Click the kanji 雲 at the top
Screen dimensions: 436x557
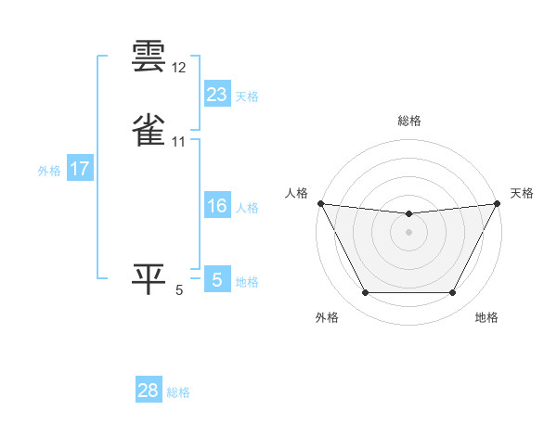[x=149, y=57]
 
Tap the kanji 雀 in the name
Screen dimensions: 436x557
[x=149, y=129]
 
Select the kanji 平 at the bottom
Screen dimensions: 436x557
[x=149, y=278]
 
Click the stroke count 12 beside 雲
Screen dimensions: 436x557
[x=179, y=69]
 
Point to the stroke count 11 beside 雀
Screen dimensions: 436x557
[x=179, y=141]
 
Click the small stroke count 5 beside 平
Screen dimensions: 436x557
[x=179, y=290]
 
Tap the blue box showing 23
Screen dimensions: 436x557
[x=216, y=95]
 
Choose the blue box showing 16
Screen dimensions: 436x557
[x=216, y=206]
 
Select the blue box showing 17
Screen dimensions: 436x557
[x=79, y=169]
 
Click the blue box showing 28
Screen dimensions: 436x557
[x=149, y=391]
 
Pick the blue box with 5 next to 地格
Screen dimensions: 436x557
[x=216, y=280]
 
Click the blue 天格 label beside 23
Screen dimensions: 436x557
[x=247, y=96]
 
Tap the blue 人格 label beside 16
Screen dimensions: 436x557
[x=247, y=208]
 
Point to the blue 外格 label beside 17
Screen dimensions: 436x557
[x=49, y=171]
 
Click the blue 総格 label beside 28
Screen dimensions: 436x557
[x=178, y=392]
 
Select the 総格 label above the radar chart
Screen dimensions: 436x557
[x=409, y=121]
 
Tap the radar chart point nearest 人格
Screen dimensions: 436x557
[x=319, y=203]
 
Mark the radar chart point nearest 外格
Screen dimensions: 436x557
[x=365, y=293]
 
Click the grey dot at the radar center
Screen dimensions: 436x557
[x=409, y=232]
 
